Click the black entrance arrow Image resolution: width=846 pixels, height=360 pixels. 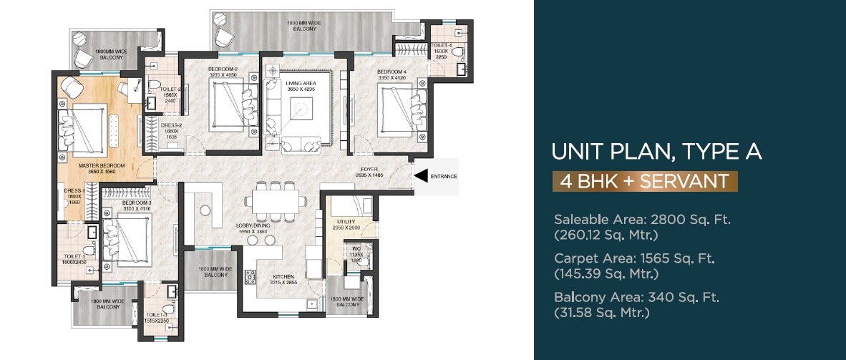pyautogui.click(x=422, y=175)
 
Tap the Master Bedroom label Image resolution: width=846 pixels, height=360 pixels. pyautogui.click(x=102, y=165)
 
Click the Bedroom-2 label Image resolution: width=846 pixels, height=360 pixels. pyautogui.click(x=223, y=69)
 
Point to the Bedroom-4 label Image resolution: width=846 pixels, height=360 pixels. pyautogui.click(x=392, y=72)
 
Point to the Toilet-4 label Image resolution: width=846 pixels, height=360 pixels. pyautogui.click(x=440, y=46)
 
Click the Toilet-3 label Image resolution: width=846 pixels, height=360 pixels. pyautogui.click(x=155, y=315)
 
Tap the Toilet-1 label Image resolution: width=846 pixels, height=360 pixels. pyautogui.click(x=74, y=256)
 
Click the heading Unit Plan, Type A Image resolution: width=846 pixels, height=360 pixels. pyautogui.click(x=656, y=152)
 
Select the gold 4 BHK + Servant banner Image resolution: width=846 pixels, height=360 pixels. pyautogui.click(x=645, y=180)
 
